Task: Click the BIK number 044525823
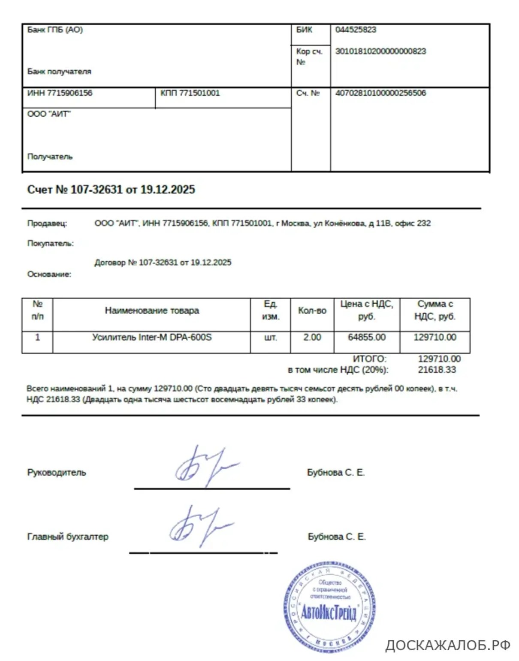[x=356, y=30]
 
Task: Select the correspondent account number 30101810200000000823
[x=380, y=51]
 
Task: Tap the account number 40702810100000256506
[x=380, y=93]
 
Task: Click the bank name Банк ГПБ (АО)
[x=55, y=30]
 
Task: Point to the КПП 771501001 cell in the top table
[x=190, y=93]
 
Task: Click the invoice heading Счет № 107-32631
[x=111, y=190]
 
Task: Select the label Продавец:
[x=47, y=223]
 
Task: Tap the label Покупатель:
[x=50, y=244]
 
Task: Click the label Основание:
[x=49, y=275]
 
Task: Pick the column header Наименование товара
[x=152, y=311]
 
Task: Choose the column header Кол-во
[x=312, y=311]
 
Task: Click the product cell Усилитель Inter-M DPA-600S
[x=152, y=338]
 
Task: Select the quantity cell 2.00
[x=312, y=338]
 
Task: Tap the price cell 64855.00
[x=367, y=338]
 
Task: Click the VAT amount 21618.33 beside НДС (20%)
[x=437, y=370]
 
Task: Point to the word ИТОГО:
[x=369, y=359]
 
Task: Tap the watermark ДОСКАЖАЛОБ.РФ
[x=447, y=645]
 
